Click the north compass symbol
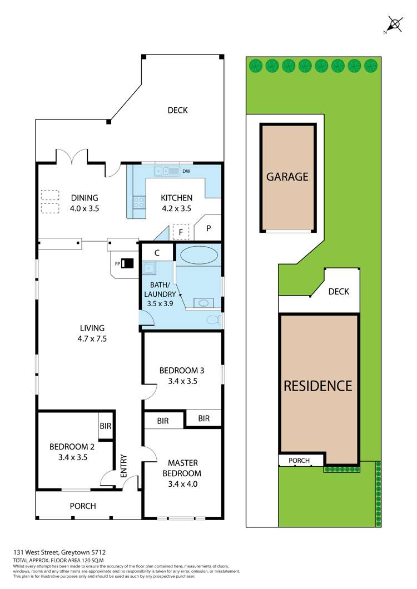(395, 24)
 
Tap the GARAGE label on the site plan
(287, 177)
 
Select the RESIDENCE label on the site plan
(318, 386)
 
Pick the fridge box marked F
(181, 232)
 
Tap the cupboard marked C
(157, 252)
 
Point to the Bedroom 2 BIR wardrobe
(105, 426)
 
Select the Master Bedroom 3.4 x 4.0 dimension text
(183, 484)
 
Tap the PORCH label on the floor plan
(82, 506)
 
